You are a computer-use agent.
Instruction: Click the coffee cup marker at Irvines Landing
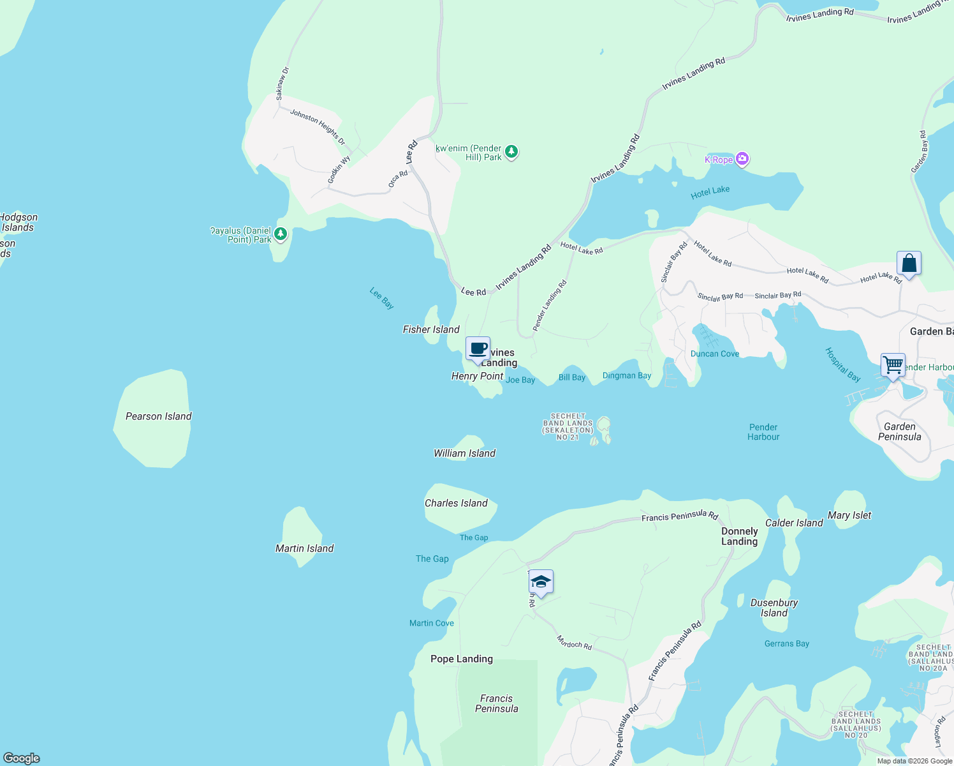[478, 349]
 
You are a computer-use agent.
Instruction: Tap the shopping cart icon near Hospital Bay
[893, 366]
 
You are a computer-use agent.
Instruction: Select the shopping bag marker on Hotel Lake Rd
[909, 263]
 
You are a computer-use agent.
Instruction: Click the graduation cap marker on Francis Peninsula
[541, 582]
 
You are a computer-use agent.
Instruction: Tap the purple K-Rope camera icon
[742, 159]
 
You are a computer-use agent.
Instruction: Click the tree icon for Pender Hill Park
[511, 152]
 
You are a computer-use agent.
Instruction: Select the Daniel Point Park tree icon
[281, 234]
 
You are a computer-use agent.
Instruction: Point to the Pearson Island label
[158, 416]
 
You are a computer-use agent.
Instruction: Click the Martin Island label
[304, 548]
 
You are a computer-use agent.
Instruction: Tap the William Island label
[464, 453]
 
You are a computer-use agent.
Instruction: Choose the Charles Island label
[456, 503]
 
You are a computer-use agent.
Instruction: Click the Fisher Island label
[431, 329]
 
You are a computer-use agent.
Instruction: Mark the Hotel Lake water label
[710, 192]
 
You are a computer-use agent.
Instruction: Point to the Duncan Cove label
[715, 354]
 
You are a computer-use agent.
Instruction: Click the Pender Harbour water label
[763, 432]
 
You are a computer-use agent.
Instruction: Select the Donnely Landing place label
[739, 536]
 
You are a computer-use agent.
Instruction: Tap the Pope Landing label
[461, 659]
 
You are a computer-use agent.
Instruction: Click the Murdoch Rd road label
[574, 642]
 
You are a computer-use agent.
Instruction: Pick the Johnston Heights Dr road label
[318, 126]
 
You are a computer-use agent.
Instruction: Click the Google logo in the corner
[22, 758]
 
